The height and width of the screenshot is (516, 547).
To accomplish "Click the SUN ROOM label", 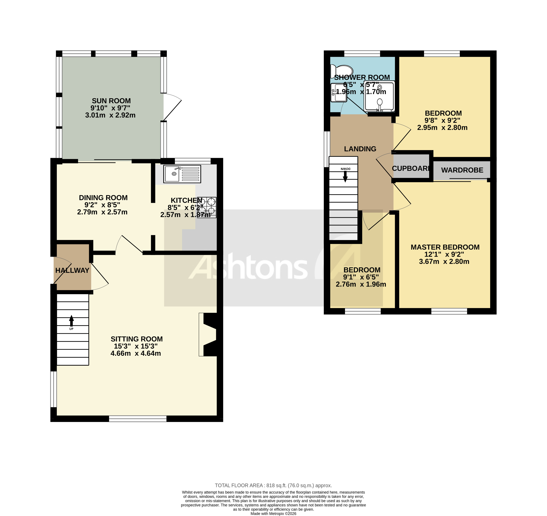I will [111, 101].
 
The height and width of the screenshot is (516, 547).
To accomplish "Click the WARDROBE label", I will [462, 170].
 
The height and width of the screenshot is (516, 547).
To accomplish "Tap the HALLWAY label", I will [72, 271].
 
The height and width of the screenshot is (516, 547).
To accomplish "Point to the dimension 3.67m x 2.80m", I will [444, 262].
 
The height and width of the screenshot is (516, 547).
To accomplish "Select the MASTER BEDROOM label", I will [445, 247].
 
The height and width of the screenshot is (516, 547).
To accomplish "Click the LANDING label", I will [360, 149].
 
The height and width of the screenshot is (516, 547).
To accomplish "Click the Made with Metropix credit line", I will [273, 514].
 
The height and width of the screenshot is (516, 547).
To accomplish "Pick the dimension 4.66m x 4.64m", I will [136, 353].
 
